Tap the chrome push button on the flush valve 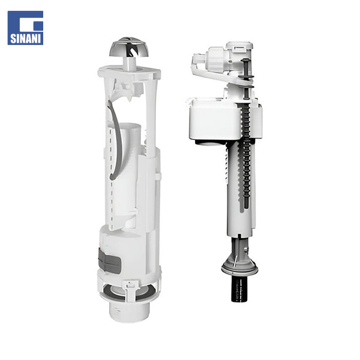129,47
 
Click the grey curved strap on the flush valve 115,139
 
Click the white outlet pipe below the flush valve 129,311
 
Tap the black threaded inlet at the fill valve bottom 240,289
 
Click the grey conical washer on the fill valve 239,266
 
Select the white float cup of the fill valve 215,121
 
